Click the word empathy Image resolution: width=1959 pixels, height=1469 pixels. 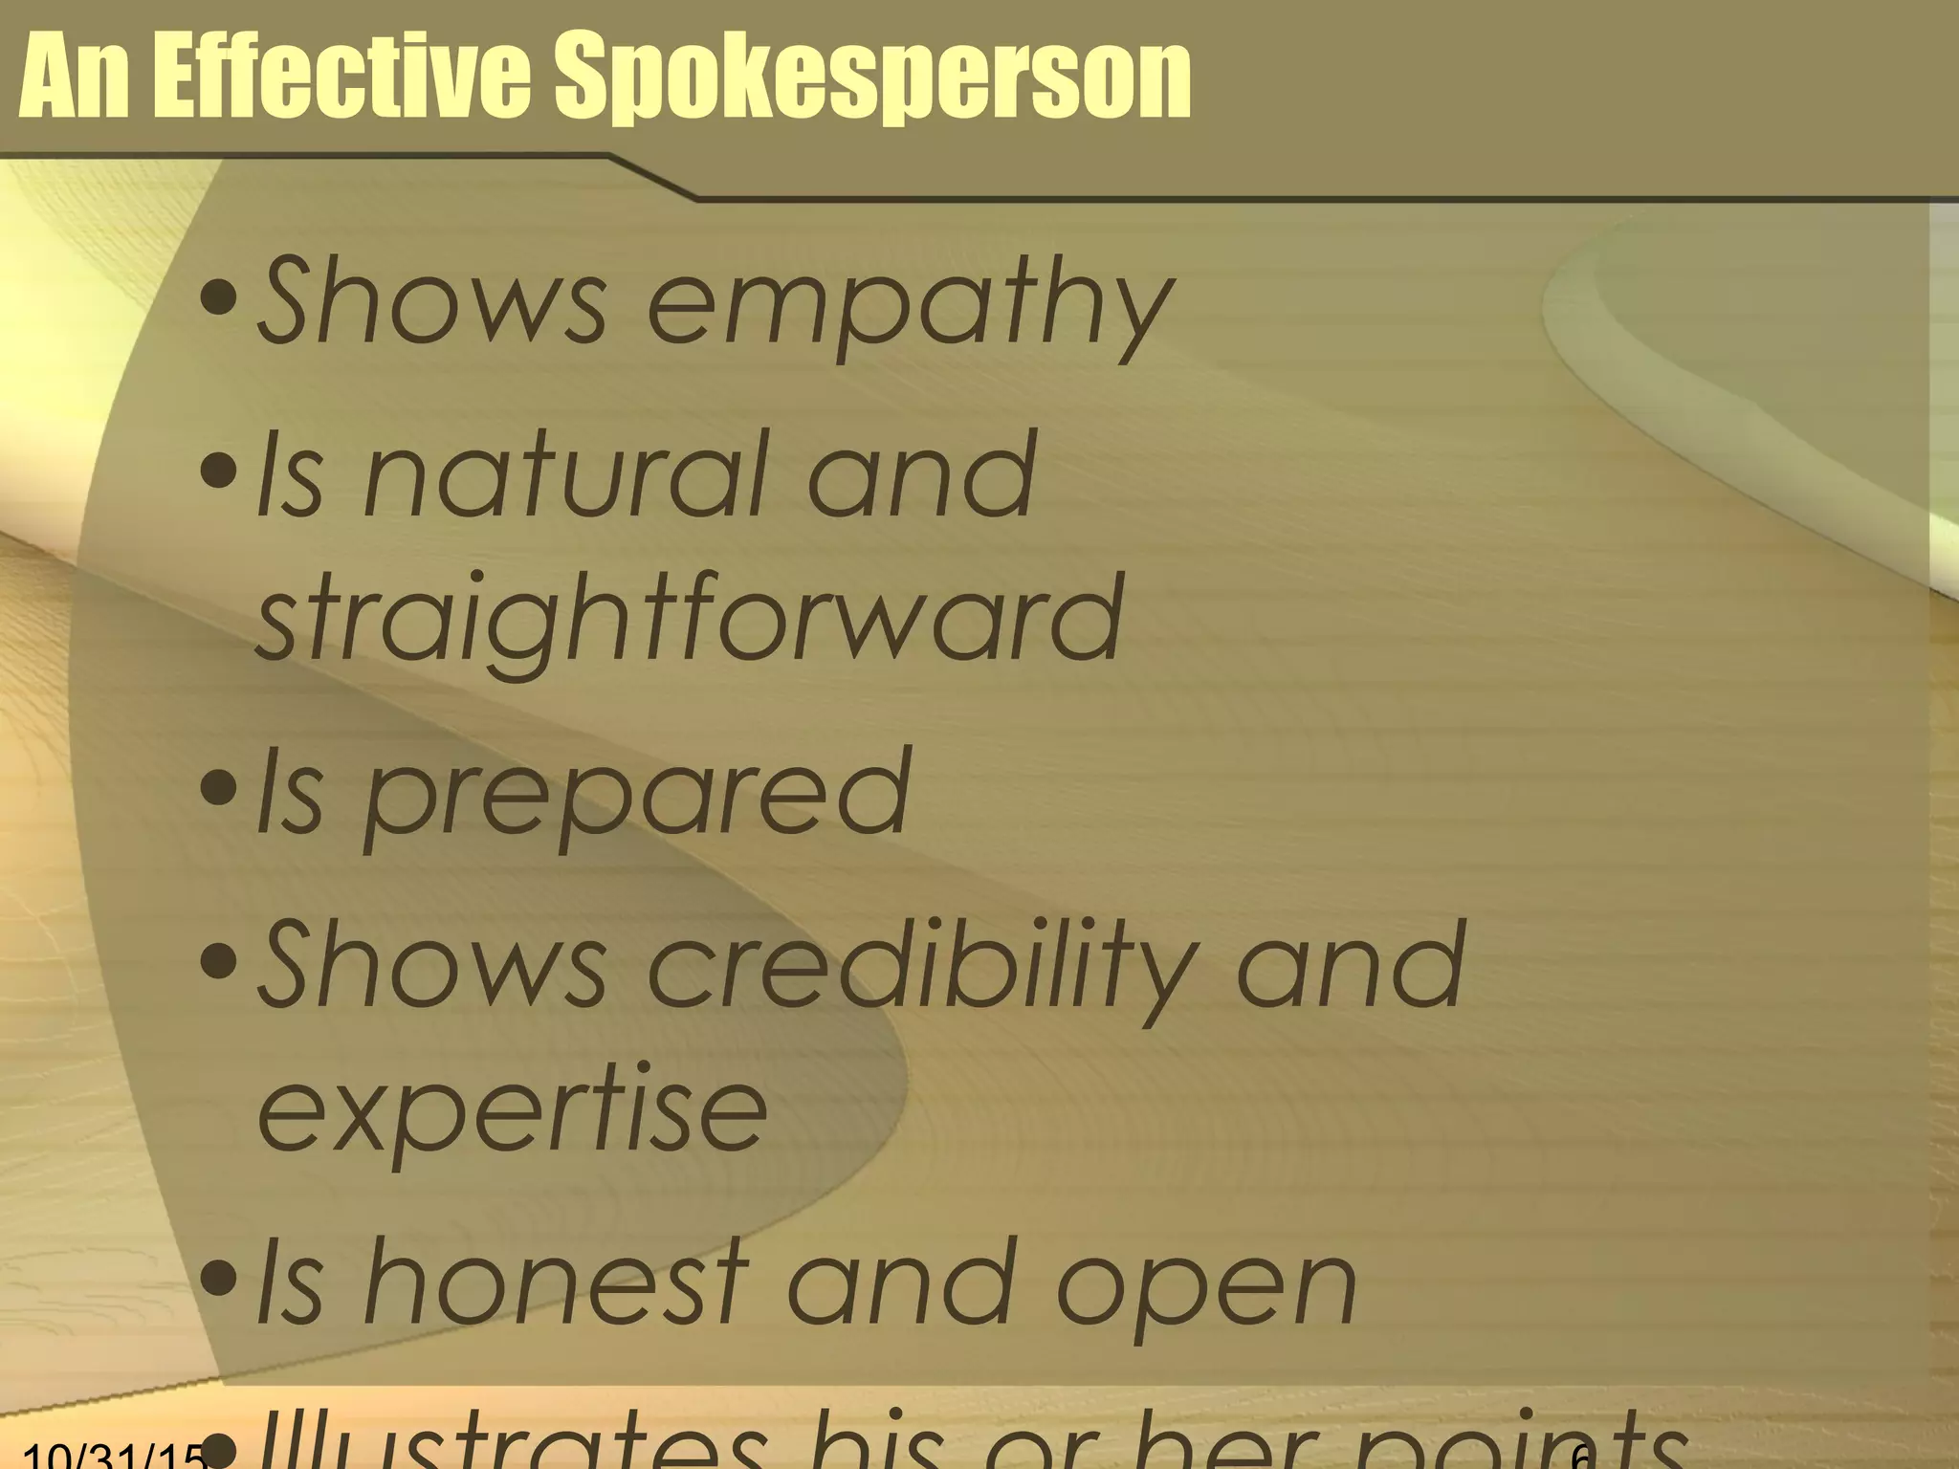tap(910, 304)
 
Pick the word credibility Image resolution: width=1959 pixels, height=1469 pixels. tap(922, 967)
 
